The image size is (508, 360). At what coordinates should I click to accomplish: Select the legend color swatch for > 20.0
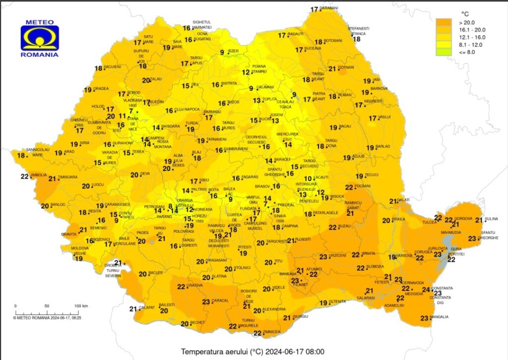(x=443, y=22)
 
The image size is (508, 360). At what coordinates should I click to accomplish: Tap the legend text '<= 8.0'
(x=467, y=52)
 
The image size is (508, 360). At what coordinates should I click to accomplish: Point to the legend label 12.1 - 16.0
(x=473, y=37)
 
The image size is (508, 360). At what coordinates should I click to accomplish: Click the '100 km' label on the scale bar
(x=81, y=305)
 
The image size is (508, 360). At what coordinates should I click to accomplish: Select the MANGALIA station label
(x=440, y=317)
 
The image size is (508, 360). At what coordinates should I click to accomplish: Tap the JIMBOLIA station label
(x=39, y=175)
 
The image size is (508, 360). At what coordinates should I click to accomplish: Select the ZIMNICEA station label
(x=272, y=332)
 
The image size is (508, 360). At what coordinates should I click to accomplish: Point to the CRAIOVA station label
(x=195, y=286)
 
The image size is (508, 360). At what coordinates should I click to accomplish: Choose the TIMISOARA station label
(x=68, y=177)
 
